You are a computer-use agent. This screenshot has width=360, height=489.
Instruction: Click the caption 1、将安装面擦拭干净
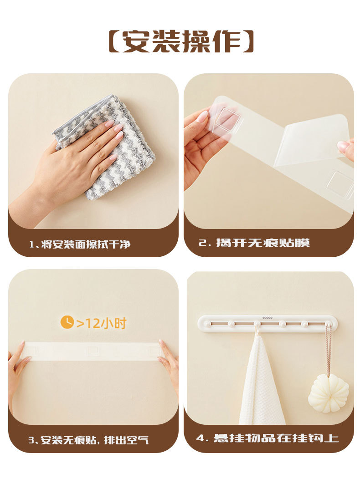[x=80, y=244]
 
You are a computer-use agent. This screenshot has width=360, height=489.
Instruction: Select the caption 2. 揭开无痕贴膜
[x=254, y=243]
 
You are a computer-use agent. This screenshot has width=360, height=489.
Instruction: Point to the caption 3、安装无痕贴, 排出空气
[x=88, y=440]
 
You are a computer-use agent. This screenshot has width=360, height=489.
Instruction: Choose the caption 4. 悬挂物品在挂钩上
[x=267, y=438]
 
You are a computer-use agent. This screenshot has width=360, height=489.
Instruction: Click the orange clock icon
[x=67, y=322]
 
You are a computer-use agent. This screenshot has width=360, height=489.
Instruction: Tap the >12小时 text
[x=102, y=323]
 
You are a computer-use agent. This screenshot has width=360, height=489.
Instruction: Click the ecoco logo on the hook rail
[x=267, y=318]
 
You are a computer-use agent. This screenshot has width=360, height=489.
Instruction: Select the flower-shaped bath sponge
[x=329, y=393]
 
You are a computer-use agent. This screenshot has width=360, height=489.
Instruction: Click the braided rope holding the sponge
[x=328, y=349]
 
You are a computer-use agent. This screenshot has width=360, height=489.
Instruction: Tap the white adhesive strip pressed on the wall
[x=93, y=351]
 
